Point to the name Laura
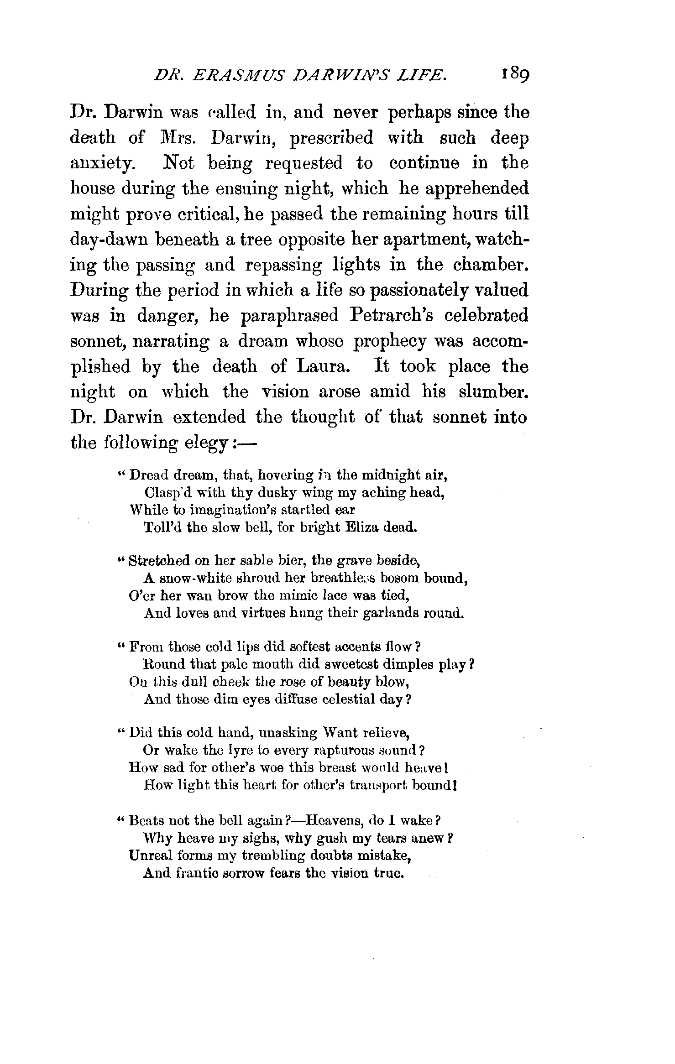pos(320,367)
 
